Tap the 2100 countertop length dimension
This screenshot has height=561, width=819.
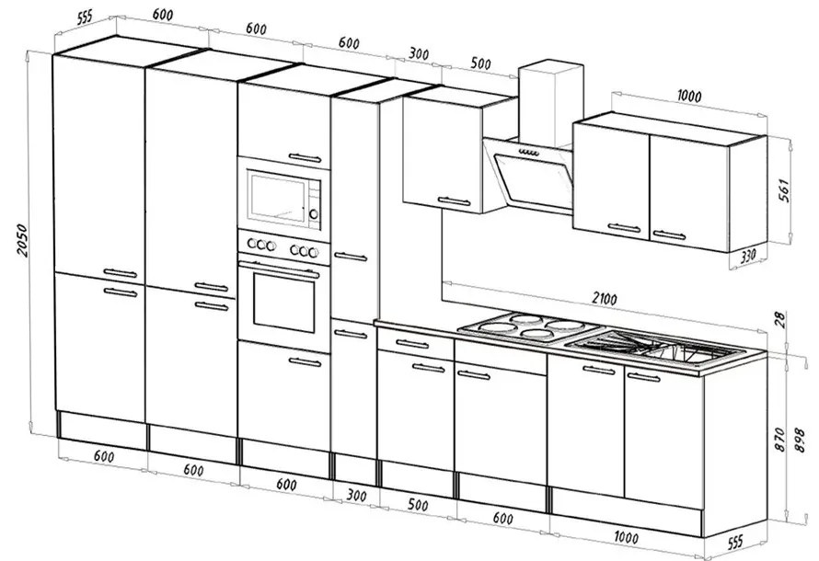coord(605,298)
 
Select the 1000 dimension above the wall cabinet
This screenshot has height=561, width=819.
coord(688,96)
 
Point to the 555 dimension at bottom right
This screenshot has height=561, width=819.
coord(734,544)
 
